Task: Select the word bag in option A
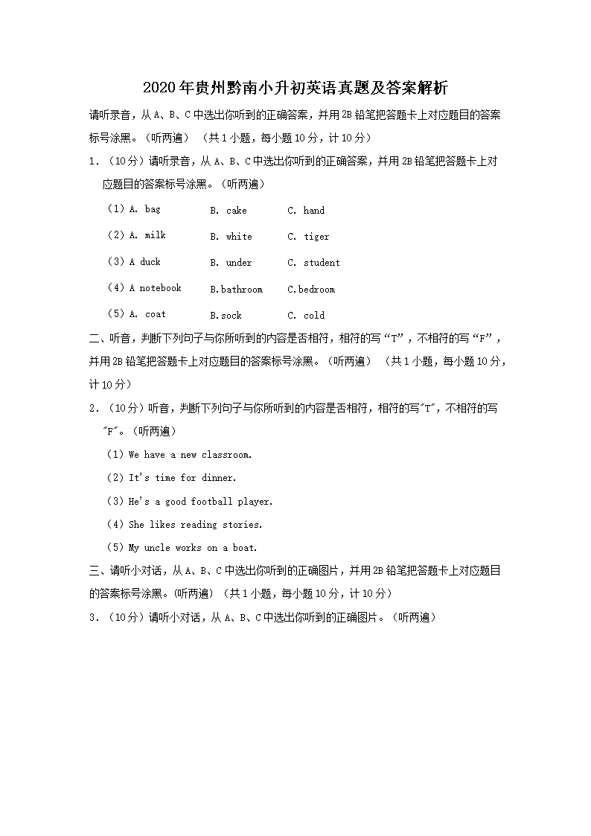[x=153, y=209]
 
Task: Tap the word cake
[x=237, y=211]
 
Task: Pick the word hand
[x=314, y=211]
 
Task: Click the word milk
[x=156, y=235]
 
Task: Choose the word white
[x=239, y=237]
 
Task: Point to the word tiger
[x=316, y=237]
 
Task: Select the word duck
[x=150, y=262]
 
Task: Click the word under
[x=239, y=263]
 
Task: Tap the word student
[x=322, y=263]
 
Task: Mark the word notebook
[x=161, y=288]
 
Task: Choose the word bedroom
[x=317, y=290]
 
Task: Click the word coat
[x=156, y=314]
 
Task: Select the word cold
[x=314, y=316]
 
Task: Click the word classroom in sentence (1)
[x=226, y=455]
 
